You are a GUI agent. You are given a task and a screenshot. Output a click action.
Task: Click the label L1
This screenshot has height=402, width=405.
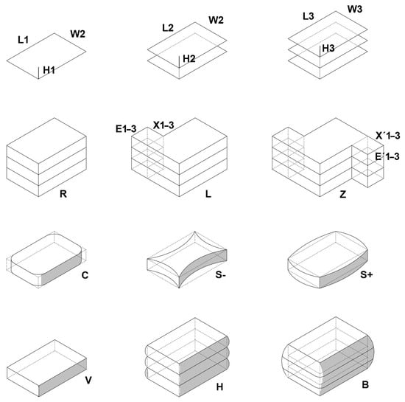click(x=24, y=40)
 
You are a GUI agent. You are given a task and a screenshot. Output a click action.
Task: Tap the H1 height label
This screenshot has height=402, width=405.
click(x=49, y=70)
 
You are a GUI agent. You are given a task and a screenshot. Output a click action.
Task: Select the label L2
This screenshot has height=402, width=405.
click(x=168, y=28)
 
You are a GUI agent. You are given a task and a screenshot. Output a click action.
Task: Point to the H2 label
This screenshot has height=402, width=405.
click(x=189, y=59)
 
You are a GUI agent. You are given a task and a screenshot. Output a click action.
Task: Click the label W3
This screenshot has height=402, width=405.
click(x=355, y=10)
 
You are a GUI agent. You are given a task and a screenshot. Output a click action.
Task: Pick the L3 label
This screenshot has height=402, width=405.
click(x=309, y=16)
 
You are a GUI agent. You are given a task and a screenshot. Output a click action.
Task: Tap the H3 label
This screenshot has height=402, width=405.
click(x=328, y=48)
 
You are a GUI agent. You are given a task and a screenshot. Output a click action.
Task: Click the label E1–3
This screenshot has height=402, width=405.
click(x=126, y=129)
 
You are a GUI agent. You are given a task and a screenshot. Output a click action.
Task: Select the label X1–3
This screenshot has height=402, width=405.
click(x=163, y=125)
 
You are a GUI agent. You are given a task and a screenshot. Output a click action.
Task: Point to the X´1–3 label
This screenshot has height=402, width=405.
click(x=387, y=136)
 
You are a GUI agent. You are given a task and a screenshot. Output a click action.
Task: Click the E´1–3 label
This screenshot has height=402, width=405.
click(x=387, y=156)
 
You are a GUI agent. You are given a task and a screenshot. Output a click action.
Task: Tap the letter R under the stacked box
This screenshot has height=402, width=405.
click(x=63, y=194)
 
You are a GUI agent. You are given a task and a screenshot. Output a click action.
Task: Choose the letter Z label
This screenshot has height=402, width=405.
click(x=342, y=194)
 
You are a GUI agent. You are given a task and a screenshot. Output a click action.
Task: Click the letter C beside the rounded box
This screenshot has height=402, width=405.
click(x=85, y=275)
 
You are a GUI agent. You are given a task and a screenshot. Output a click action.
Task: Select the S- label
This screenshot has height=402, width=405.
click(x=221, y=274)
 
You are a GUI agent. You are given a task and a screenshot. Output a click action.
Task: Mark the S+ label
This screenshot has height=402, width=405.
click(x=367, y=274)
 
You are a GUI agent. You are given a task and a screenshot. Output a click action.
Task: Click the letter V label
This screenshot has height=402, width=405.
click(x=88, y=381)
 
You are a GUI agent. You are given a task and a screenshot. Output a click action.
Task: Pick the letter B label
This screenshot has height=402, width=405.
click(x=365, y=385)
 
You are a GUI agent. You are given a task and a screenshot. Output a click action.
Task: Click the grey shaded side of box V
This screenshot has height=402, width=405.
click(x=63, y=377)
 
